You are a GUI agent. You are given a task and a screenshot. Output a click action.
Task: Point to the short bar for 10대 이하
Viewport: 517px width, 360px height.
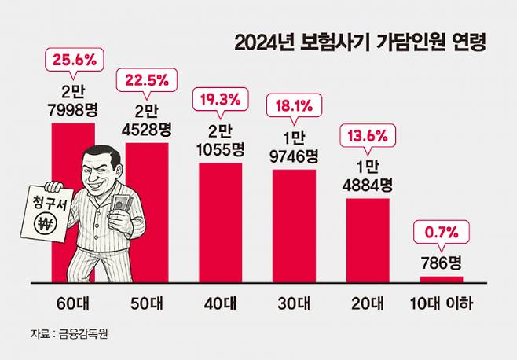pos(441,279)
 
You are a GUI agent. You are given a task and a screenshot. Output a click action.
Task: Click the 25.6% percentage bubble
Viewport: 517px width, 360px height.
pos(73,58)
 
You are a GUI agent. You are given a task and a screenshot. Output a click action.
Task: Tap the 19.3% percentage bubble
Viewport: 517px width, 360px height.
pos(220,101)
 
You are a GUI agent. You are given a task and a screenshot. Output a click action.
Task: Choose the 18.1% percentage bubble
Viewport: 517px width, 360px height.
pos(294,104)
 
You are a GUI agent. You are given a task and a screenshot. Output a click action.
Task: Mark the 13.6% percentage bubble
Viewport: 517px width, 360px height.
pos(368,135)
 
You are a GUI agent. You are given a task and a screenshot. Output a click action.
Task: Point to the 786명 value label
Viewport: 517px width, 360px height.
pos(441,261)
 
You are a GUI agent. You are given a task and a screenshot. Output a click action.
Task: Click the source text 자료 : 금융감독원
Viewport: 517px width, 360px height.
pos(68,334)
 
